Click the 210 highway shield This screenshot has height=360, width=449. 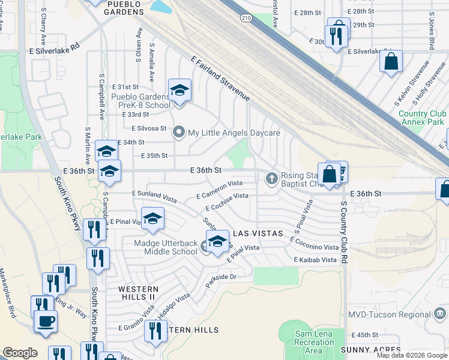(x=247, y=19)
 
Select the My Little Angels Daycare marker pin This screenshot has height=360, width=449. (x=178, y=132)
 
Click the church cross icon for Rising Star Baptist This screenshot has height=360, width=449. (x=271, y=178)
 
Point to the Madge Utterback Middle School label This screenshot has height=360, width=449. (x=165, y=247)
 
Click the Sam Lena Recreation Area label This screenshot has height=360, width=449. (x=314, y=342)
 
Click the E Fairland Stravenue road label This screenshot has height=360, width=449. (x=220, y=79)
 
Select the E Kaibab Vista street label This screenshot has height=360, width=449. (x=315, y=260)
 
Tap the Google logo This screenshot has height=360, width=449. (x=20, y=353)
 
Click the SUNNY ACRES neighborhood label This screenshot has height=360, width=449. (x=370, y=350)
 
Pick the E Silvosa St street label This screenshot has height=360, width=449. (x=149, y=128)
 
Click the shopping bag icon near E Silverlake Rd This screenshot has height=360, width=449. (x=391, y=61)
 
